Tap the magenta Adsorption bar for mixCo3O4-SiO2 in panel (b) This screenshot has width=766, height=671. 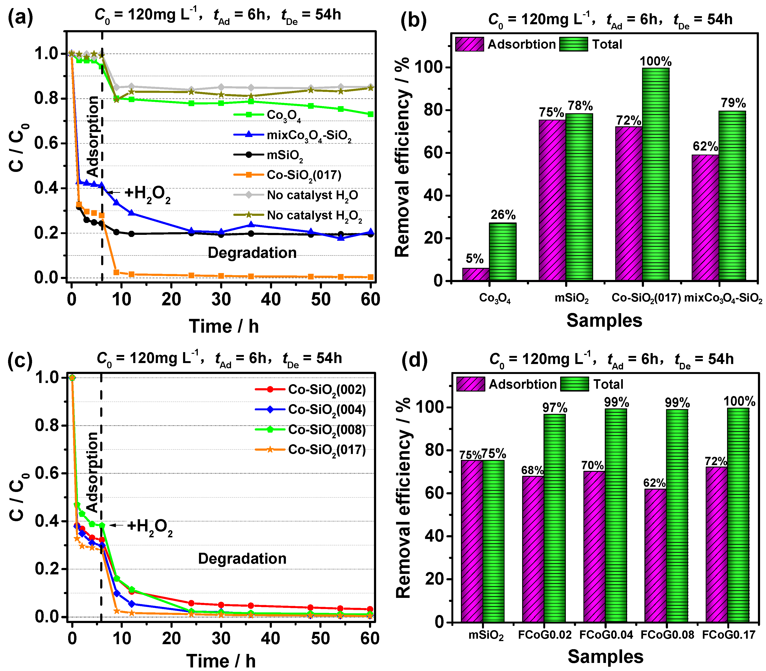tap(705, 217)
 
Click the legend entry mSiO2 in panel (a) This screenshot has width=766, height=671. tap(284, 155)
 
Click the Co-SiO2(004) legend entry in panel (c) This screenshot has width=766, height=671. tap(326, 409)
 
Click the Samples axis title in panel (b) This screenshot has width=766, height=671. tap(604, 321)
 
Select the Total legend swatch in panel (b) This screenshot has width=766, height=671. tap(574, 44)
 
